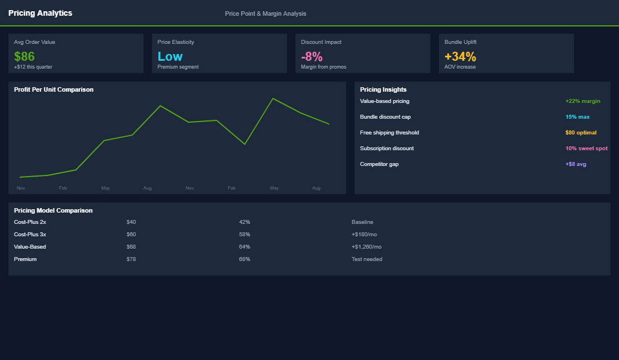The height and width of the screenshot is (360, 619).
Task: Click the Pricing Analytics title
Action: point(40,13)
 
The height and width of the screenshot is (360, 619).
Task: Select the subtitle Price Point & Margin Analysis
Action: point(266,13)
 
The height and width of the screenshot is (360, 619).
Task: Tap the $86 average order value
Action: point(24,56)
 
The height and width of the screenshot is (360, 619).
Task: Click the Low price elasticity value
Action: point(170,56)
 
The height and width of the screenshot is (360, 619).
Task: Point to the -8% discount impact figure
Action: point(312,56)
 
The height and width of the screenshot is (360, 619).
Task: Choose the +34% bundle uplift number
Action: point(460,56)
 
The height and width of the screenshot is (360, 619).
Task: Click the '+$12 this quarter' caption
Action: point(33,67)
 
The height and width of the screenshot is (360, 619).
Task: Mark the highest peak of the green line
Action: point(273,98)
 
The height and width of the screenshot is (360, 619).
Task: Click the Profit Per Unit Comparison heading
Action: point(53,89)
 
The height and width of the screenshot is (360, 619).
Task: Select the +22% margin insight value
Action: point(582,101)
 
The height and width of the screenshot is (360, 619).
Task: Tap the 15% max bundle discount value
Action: point(577,117)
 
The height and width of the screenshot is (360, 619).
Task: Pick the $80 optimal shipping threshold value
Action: point(581,133)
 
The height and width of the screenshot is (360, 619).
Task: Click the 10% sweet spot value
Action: point(586,148)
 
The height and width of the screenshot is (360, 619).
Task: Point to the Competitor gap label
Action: point(379,164)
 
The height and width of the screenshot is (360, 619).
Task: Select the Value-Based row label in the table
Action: point(30,247)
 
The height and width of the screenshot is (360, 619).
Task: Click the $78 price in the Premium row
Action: point(131,259)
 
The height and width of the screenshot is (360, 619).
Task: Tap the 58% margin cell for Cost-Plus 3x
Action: point(244,235)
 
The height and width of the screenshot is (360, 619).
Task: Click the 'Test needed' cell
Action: point(367,259)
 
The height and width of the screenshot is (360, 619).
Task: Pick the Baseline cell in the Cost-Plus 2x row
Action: point(362,222)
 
